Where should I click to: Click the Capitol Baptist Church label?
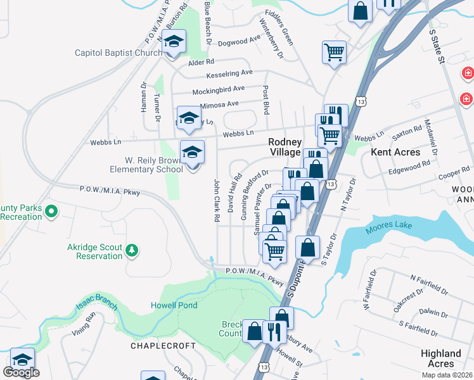[x=118, y=53]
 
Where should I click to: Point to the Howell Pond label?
[x=174, y=305]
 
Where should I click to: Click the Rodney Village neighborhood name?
[x=284, y=148]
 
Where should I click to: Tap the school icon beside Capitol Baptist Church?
[x=173, y=42]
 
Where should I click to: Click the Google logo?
[x=21, y=372]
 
